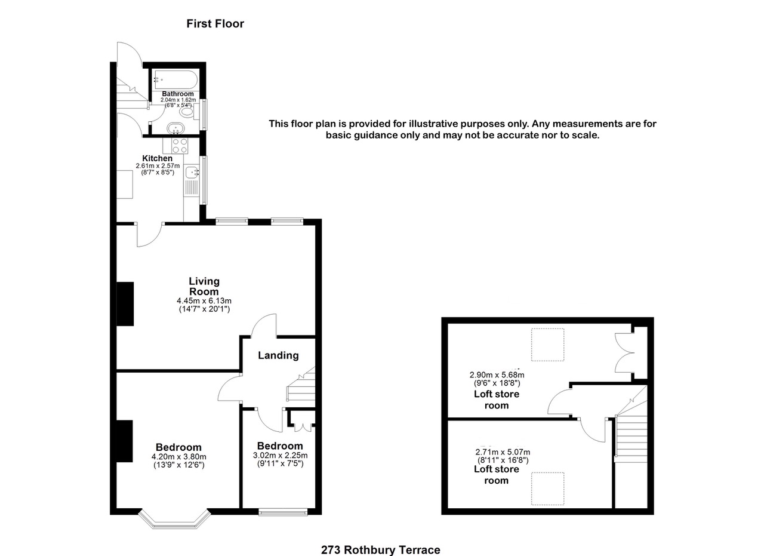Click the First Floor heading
[215, 24]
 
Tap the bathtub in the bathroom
[174, 79]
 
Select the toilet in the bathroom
[187, 111]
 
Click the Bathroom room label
[178, 94]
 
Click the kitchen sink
[192, 173]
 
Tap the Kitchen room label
[158, 158]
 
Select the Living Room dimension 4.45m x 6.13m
[204, 300]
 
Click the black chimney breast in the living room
[124, 303]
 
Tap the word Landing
[278, 355]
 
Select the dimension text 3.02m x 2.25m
[280, 455]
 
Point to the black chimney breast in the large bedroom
[124, 441]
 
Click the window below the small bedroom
[284, 512]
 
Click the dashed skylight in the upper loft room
[547, 345]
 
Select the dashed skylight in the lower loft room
[547, 489]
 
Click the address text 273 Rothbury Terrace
[380, 550]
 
